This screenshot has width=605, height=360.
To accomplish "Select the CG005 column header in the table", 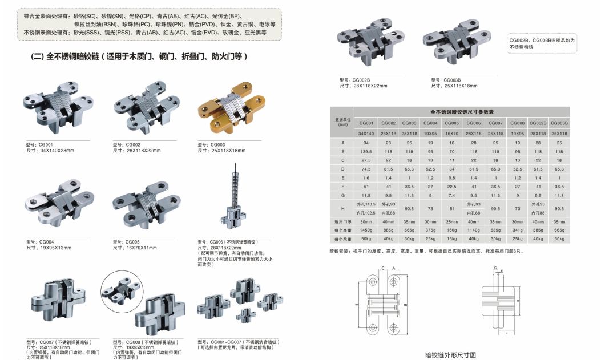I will coord(451,123).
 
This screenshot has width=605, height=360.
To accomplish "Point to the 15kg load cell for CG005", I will coord(451,239).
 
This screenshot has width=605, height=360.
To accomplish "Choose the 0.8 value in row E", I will coord(451,178).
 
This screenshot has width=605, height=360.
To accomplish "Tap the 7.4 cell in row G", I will coord(451,195).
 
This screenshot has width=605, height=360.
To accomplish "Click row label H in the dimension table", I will coord(342,208).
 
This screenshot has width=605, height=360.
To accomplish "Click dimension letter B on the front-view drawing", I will coord(405,305).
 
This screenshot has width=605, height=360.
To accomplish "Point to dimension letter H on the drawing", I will coord(357,305).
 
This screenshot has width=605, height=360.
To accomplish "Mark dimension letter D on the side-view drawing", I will coord(517,301).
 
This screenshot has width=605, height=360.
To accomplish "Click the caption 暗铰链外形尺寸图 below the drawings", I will coord(451,354).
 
